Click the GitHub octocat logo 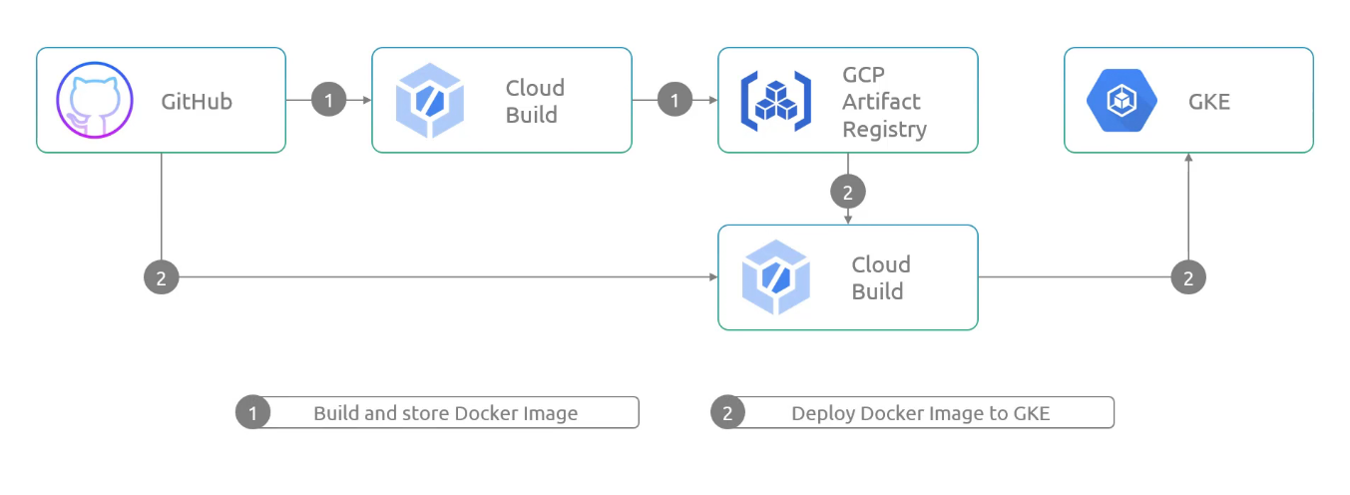tap(95, 100)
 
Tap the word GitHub tap(197, 101)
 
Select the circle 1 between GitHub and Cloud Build tap(328, 100)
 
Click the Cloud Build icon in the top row tap(430, 100)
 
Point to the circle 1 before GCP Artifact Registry tap(675, 100)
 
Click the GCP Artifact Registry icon tap(775, 101)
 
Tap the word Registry tap(884, 130)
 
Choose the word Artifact tap(881, 101)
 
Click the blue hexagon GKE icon tap(1122, 100)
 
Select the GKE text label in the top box tap(1209, 101)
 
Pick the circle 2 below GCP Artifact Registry tap(848, 192)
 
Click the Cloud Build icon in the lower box tap(775, 277)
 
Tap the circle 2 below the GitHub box tap(161, 277)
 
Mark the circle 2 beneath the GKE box tap(1188, 277)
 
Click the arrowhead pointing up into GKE tap(1188, 158)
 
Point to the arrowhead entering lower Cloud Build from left tap(713, 277)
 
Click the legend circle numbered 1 tap(252, 412)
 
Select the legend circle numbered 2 tap(727, 412)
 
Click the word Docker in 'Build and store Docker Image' tap(486, 413)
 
